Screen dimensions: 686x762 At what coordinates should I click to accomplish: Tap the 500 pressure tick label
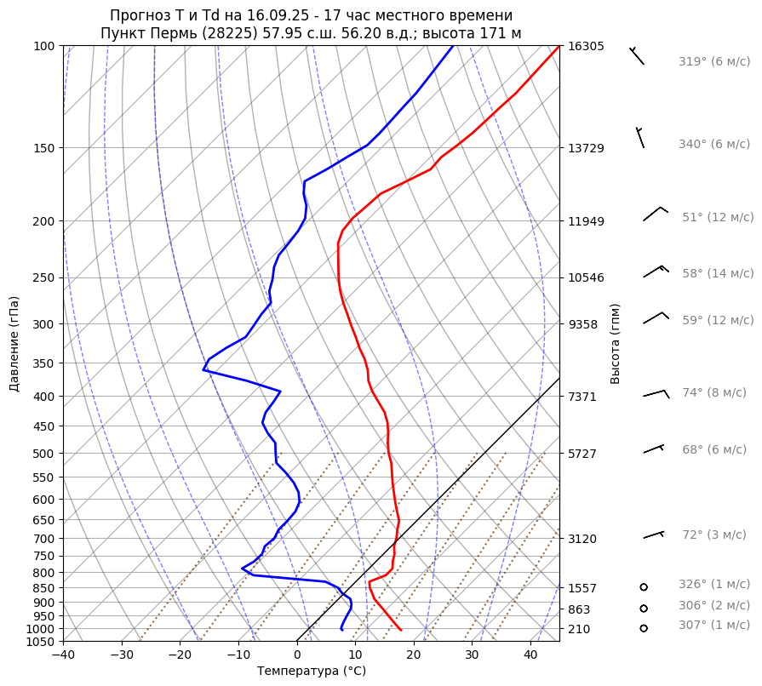click(42, 454)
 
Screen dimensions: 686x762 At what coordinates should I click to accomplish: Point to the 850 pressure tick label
click(42, 588)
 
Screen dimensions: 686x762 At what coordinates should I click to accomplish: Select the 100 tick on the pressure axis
click(42, 46)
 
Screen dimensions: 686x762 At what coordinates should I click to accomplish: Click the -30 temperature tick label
click(122, 655)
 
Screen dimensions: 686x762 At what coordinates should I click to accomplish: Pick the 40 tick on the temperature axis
click(530, 655)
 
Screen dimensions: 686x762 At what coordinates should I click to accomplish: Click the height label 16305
click(586, 46)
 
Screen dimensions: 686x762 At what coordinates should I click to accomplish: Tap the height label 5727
click(582, 454)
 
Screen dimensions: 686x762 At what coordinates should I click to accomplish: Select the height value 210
click(579, 629)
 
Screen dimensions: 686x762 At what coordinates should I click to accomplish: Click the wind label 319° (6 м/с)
click(713, 62)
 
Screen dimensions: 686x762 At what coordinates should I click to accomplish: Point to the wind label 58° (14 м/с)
click(717, 274)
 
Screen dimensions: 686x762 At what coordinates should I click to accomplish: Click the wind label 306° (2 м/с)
click(713, 606)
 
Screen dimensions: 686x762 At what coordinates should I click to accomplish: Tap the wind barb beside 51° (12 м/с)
click(656, 214)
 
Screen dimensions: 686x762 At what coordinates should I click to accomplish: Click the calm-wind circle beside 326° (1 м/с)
click(644, 587)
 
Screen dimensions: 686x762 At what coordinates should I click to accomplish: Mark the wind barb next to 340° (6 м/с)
click(640, 137)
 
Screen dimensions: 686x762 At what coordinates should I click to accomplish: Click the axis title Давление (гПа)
click(14, 344)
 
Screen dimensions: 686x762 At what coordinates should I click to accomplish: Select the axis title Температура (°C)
click(312, 672)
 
